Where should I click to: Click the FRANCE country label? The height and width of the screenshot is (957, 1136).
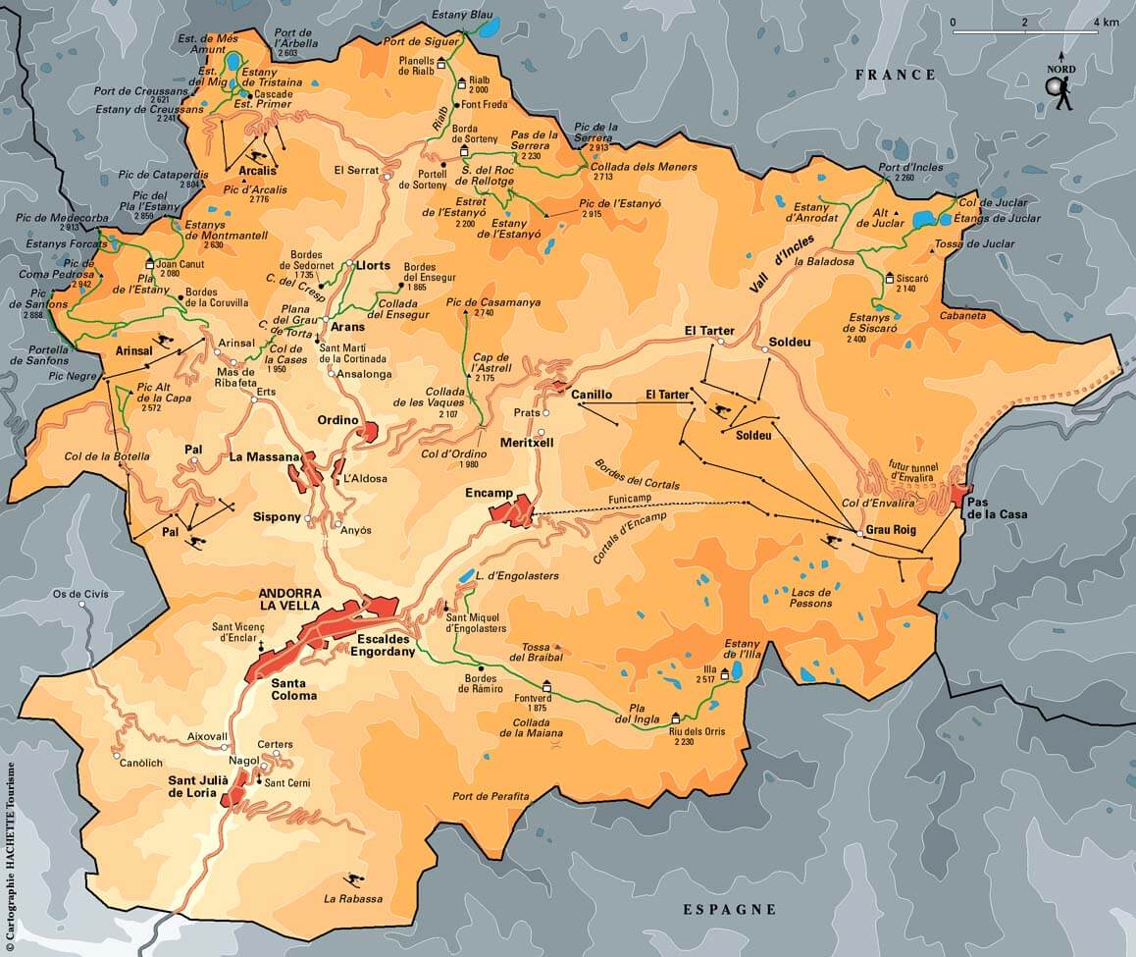896,75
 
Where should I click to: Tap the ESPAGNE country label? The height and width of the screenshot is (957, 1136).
729,910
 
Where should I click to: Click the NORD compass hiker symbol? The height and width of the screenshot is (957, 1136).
1060,91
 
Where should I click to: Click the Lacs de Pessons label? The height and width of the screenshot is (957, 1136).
810,598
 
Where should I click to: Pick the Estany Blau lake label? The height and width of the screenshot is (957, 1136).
461,16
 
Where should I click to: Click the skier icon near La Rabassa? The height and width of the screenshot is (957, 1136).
349,879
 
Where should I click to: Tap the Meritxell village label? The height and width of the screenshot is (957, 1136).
527,443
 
